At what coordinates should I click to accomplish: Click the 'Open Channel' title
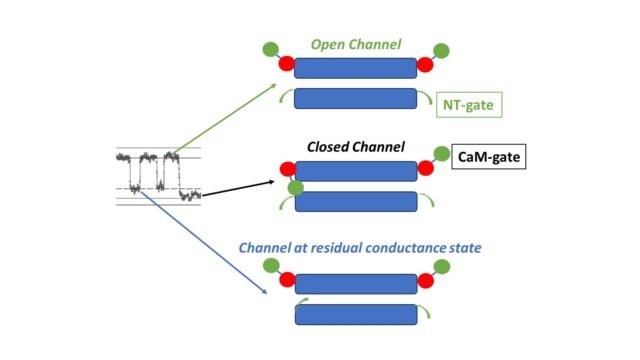pyautogui.click(x=356, y=44)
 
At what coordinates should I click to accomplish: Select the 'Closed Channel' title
pyautogui.click(x=355, y=147)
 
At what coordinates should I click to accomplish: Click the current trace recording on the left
pyautogui.click(x=158, y=175)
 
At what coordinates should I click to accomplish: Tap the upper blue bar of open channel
pyautogui.click(x=356, y=67)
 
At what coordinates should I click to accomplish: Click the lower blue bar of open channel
pyautogui.click(x=356, y=98)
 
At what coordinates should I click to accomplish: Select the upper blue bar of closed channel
pyautogui.click(x=356, y=171)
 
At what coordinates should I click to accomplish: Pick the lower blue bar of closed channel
pyautogui.click(x=356, y=201)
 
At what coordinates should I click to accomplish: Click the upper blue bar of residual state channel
pyautogui.click(x=356, y=283)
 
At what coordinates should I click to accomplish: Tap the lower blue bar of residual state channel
pyautogui.click(x=356, y=314)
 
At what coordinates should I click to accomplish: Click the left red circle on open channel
pyautogui.click(x=286, y=65)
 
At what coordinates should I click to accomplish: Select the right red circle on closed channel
pyautogui.click(x=425, y=169)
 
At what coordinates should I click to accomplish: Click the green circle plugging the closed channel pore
pyautogui.click(x=295, y=187)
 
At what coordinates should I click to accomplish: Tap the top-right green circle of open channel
pyautogui.click(x=441, y=50)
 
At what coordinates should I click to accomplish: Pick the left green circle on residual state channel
pyautogui.click(x=271, y=265)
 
